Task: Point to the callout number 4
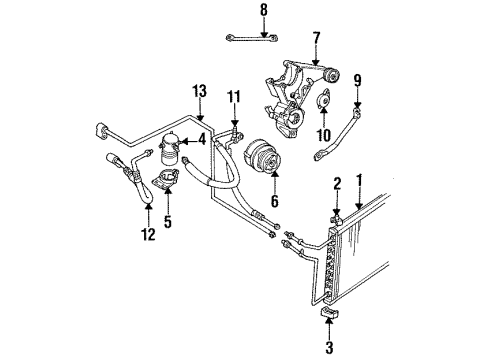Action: pyautogui.click(x=200, y=140)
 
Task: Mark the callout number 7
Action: pyautogui.click(x=316, y=40)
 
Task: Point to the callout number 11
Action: pyautogui.click(x=234, y=97)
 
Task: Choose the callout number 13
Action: pyautogui.click(x=199, y=93)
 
